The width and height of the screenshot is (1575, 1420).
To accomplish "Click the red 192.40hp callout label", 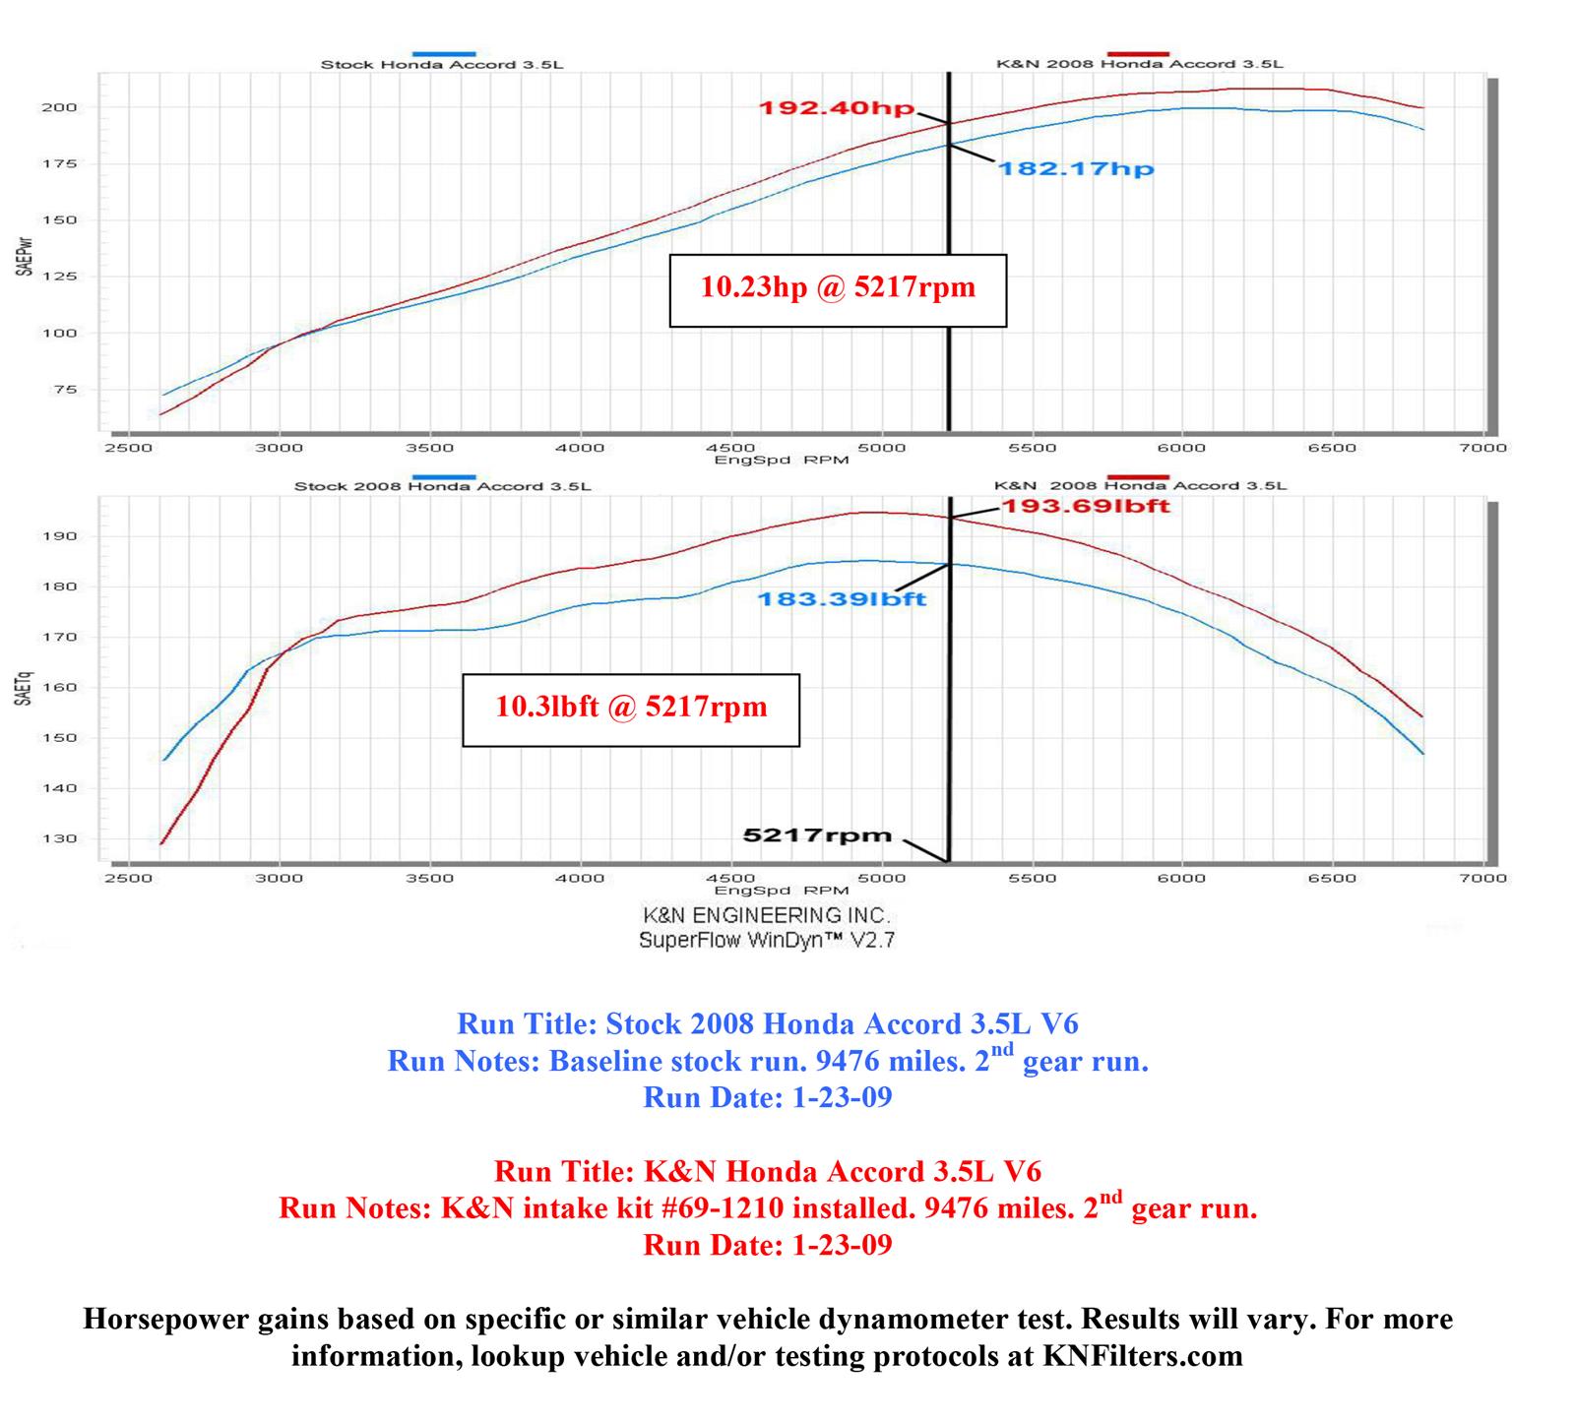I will tap(836, 108).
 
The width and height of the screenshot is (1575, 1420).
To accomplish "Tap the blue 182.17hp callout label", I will tap(1076, 169).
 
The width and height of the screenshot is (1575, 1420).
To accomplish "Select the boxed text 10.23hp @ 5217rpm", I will tap(838, 287).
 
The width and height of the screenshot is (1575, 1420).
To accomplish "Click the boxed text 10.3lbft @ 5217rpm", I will tap(631, 708).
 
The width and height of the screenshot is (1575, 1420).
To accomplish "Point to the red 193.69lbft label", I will tap(1085, 506).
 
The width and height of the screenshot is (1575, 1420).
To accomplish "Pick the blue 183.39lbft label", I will tap(842, 598).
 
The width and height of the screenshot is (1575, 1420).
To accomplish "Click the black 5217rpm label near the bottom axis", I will tap(817, 835).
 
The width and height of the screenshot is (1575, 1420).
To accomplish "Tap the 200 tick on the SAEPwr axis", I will tap(58, 107).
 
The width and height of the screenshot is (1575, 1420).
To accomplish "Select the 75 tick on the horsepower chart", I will tap(64, 390).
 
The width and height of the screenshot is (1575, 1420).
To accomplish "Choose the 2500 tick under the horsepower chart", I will tap(128, 448).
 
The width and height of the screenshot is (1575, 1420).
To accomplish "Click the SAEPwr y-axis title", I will tap(24, 255).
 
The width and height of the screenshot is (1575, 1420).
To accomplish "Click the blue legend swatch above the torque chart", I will tap(445, 476).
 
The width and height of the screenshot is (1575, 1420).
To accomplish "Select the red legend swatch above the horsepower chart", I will tap(1139, 53).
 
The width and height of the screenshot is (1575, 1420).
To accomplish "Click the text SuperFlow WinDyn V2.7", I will tap(767, 940).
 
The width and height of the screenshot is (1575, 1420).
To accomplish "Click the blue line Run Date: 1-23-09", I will tap(768, 1098).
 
